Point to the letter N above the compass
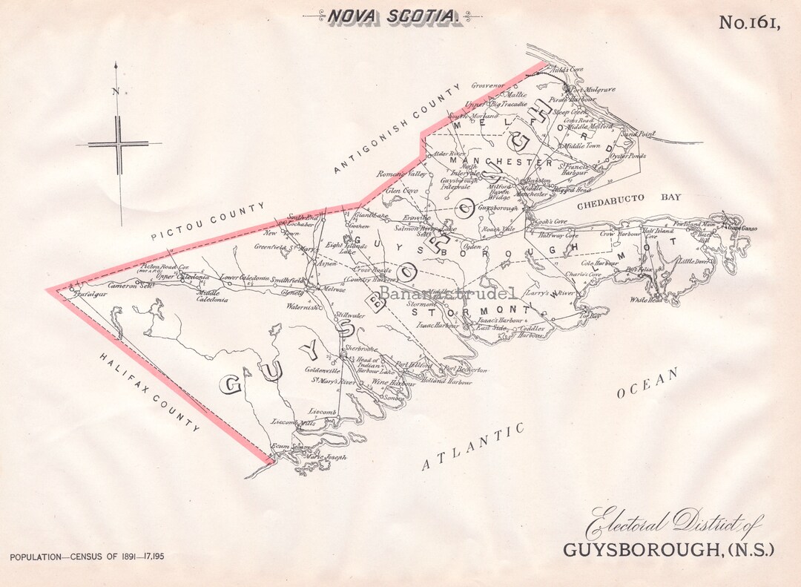(x=115, y=91)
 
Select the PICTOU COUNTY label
(x=208, y=221)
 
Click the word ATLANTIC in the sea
(x=473, y=447)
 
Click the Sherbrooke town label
(x=361, y=349)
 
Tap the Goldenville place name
(x=323, y=370)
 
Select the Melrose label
(x=334, y=289)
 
